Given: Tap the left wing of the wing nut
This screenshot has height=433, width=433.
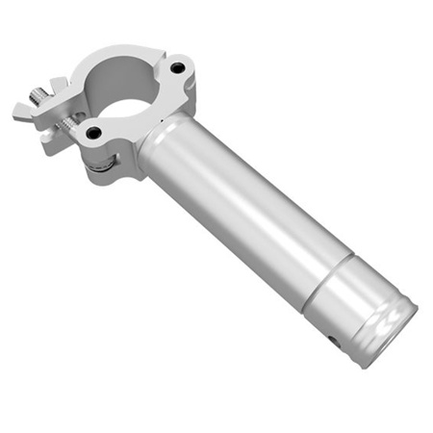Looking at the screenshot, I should point(23,111).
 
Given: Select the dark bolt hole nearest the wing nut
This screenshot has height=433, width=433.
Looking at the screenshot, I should point(93,133).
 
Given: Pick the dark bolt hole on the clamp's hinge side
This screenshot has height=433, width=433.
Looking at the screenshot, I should point(177,68).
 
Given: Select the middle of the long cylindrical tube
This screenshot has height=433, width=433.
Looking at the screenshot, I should point(236,212).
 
